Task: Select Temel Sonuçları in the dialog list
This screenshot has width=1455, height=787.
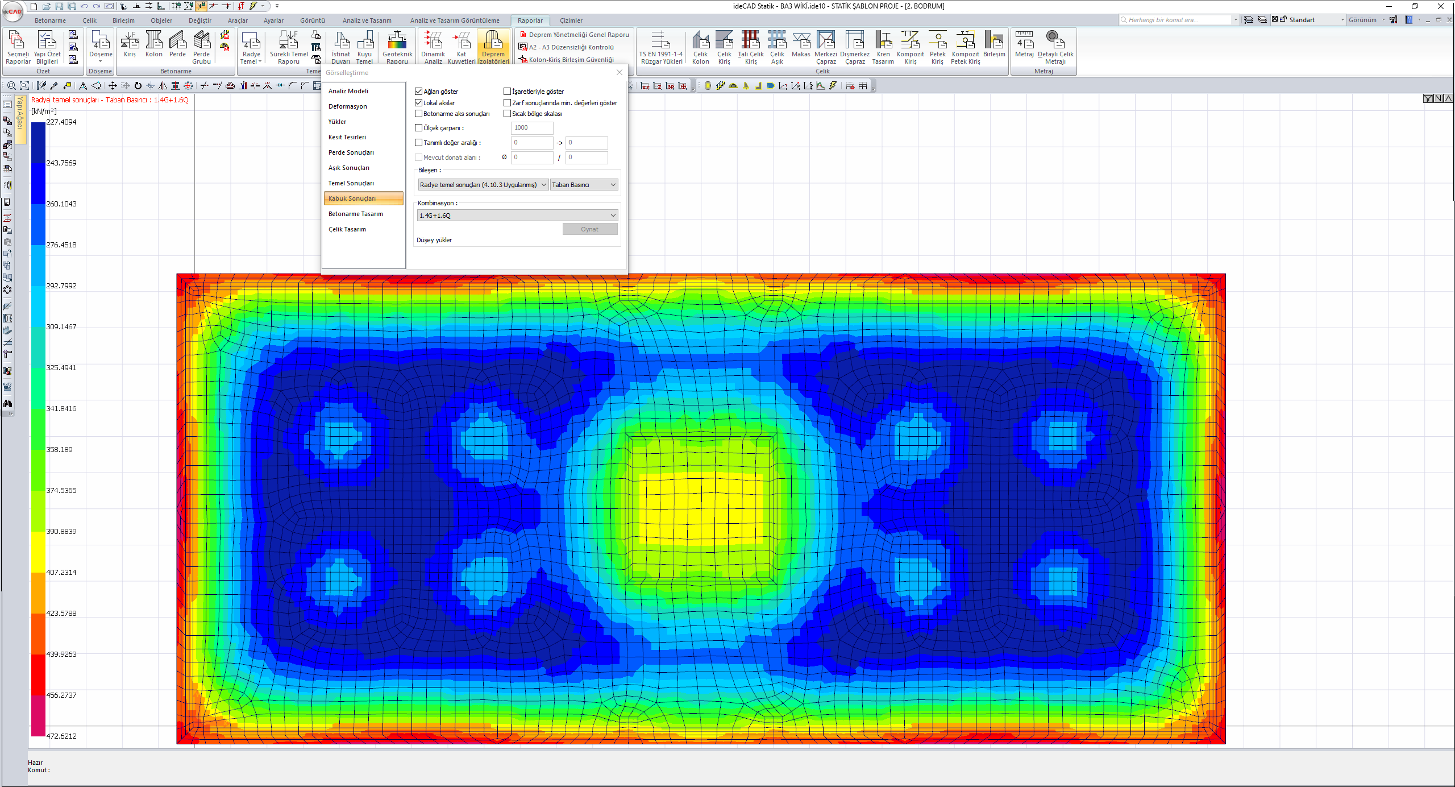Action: (351, 183)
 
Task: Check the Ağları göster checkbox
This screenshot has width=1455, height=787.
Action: (419, 92)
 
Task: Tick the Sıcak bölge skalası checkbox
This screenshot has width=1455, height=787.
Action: (508, 114)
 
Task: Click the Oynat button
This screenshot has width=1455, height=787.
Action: (590, 229)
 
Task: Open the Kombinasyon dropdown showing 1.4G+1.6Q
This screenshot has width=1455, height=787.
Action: (517, 216)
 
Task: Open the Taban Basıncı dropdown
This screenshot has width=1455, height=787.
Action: (584, 185)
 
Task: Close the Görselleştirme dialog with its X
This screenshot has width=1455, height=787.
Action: (620, 72)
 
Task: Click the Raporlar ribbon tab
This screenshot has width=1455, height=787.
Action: (530, 20)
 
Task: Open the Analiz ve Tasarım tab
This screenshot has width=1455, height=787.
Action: (367, 20)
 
